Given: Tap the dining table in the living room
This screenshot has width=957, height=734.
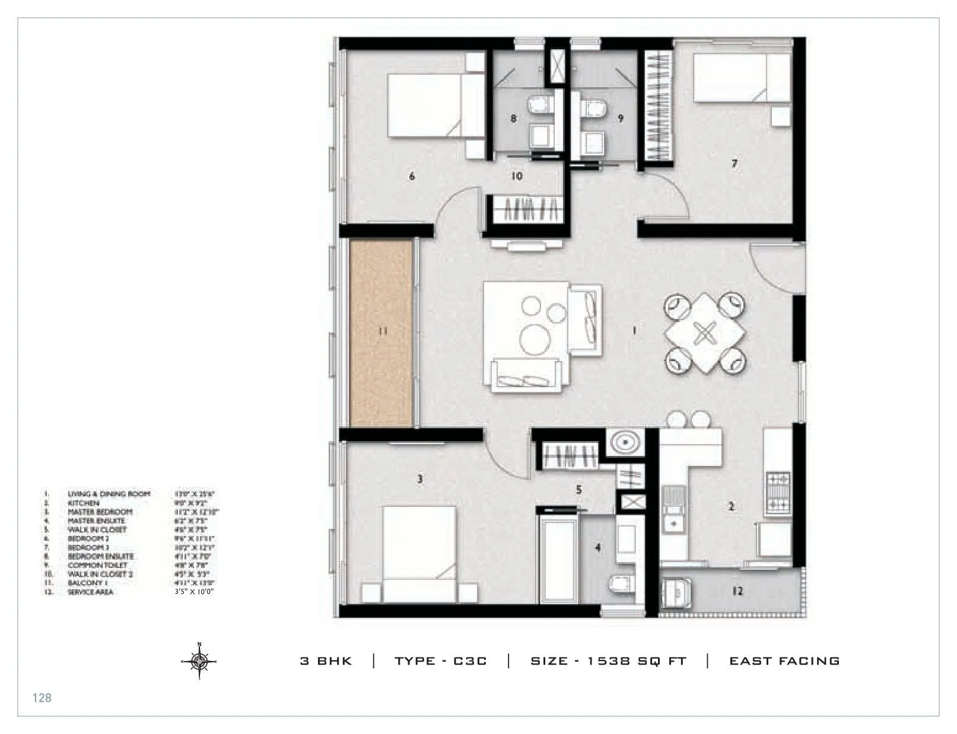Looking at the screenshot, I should coord(704,333).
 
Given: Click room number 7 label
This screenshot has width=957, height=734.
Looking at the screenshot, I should coord(735,164).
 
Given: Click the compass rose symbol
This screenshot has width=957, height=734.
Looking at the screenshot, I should coord(199,660).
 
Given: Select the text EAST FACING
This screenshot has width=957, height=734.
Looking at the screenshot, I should coord(784,661).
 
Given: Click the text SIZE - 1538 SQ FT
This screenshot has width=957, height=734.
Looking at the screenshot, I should coord(608,661).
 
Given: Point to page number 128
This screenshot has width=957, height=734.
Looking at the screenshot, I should coord(42,698).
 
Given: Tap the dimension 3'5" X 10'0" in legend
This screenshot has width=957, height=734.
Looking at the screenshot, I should coord(194,592).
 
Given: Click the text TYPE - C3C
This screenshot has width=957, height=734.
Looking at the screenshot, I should coord(441,661).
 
